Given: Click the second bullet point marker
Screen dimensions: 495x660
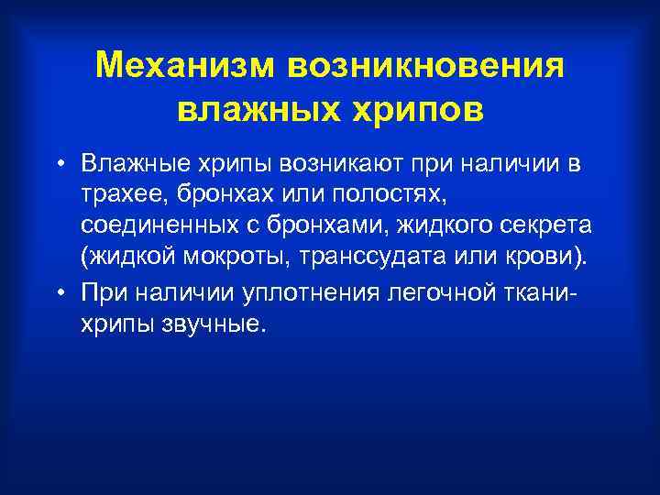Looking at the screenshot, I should tap(58, 292).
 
